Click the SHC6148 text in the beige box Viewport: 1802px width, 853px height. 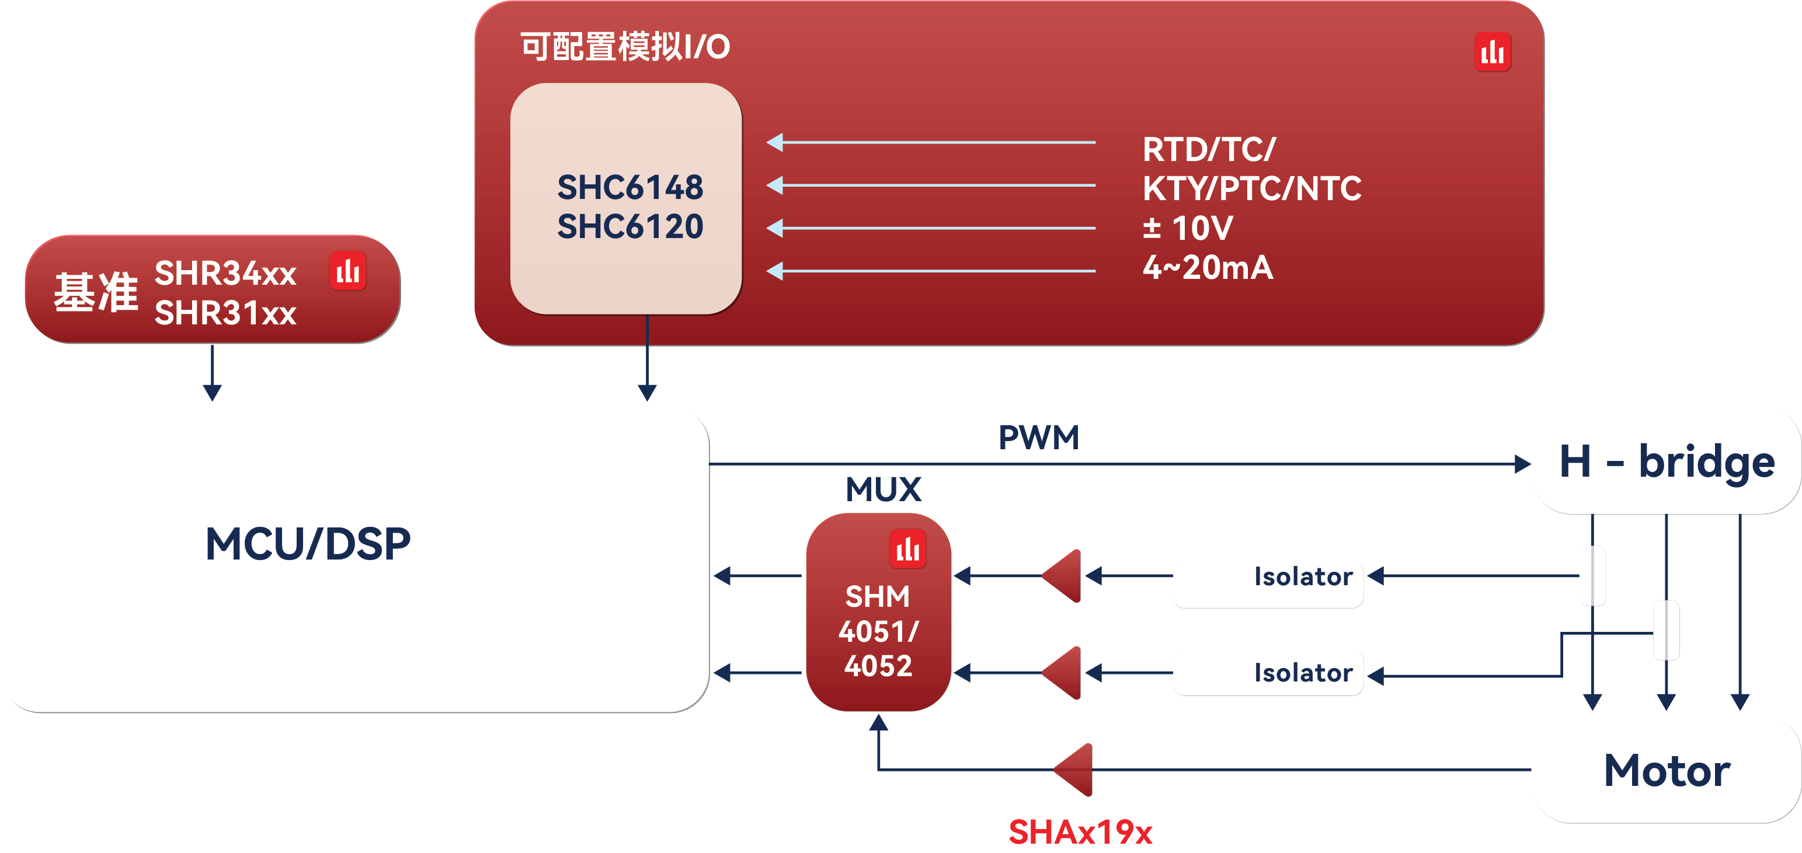click(x=629, y=187)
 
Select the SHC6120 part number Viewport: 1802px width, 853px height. click(x=629, y=226)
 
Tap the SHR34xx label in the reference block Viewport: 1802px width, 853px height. click(x=225, y=272)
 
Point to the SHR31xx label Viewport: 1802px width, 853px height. click(x=225, y=313)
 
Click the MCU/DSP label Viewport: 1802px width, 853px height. click(x=308, y=544)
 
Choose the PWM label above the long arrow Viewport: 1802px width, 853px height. click(x=1038, y=438)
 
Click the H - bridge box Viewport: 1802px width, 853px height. click(x=1667, y=462)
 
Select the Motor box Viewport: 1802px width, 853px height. click(x=1667, y=771)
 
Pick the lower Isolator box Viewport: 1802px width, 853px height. click(x=1268, y=673)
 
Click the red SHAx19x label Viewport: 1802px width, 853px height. click(x=1080, y=832)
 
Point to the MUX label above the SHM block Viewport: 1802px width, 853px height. click(x=883, y=489)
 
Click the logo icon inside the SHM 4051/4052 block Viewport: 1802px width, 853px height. click(x=907, y=549)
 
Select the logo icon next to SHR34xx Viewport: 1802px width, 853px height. click(x=347, y=271)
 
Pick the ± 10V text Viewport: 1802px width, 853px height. click(x=1187, y=228)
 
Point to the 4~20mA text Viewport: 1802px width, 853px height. click(x=1208, y=268)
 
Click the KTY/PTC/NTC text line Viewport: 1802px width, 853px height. click(x=1251, y=189)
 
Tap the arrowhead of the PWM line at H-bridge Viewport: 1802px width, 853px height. click(x=1522, y=464)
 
